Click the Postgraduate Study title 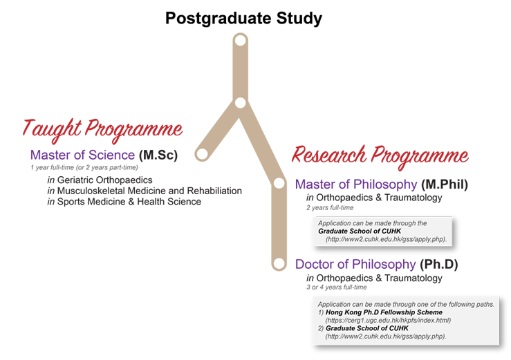coord(244,18)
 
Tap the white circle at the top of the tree coord(241,41)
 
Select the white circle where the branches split coord(240,103)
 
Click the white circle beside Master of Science coord(202,153)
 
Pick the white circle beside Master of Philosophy coord(279,183)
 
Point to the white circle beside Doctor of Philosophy coord(279,263)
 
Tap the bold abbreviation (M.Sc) coord(158,155)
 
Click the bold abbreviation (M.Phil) coord(445,184)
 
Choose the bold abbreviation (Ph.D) coord(438,264)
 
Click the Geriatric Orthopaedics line coord(100,180)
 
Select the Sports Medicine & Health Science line coord(124,202)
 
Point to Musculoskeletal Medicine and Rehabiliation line coord(145,191)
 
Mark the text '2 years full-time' coord(330,207)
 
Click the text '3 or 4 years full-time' coord(336,287)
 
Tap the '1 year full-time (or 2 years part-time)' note coord(84,167)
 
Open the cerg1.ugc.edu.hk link coord(388,320)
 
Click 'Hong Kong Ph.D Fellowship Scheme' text coord(384,312)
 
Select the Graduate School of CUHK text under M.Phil coord(360,231)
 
